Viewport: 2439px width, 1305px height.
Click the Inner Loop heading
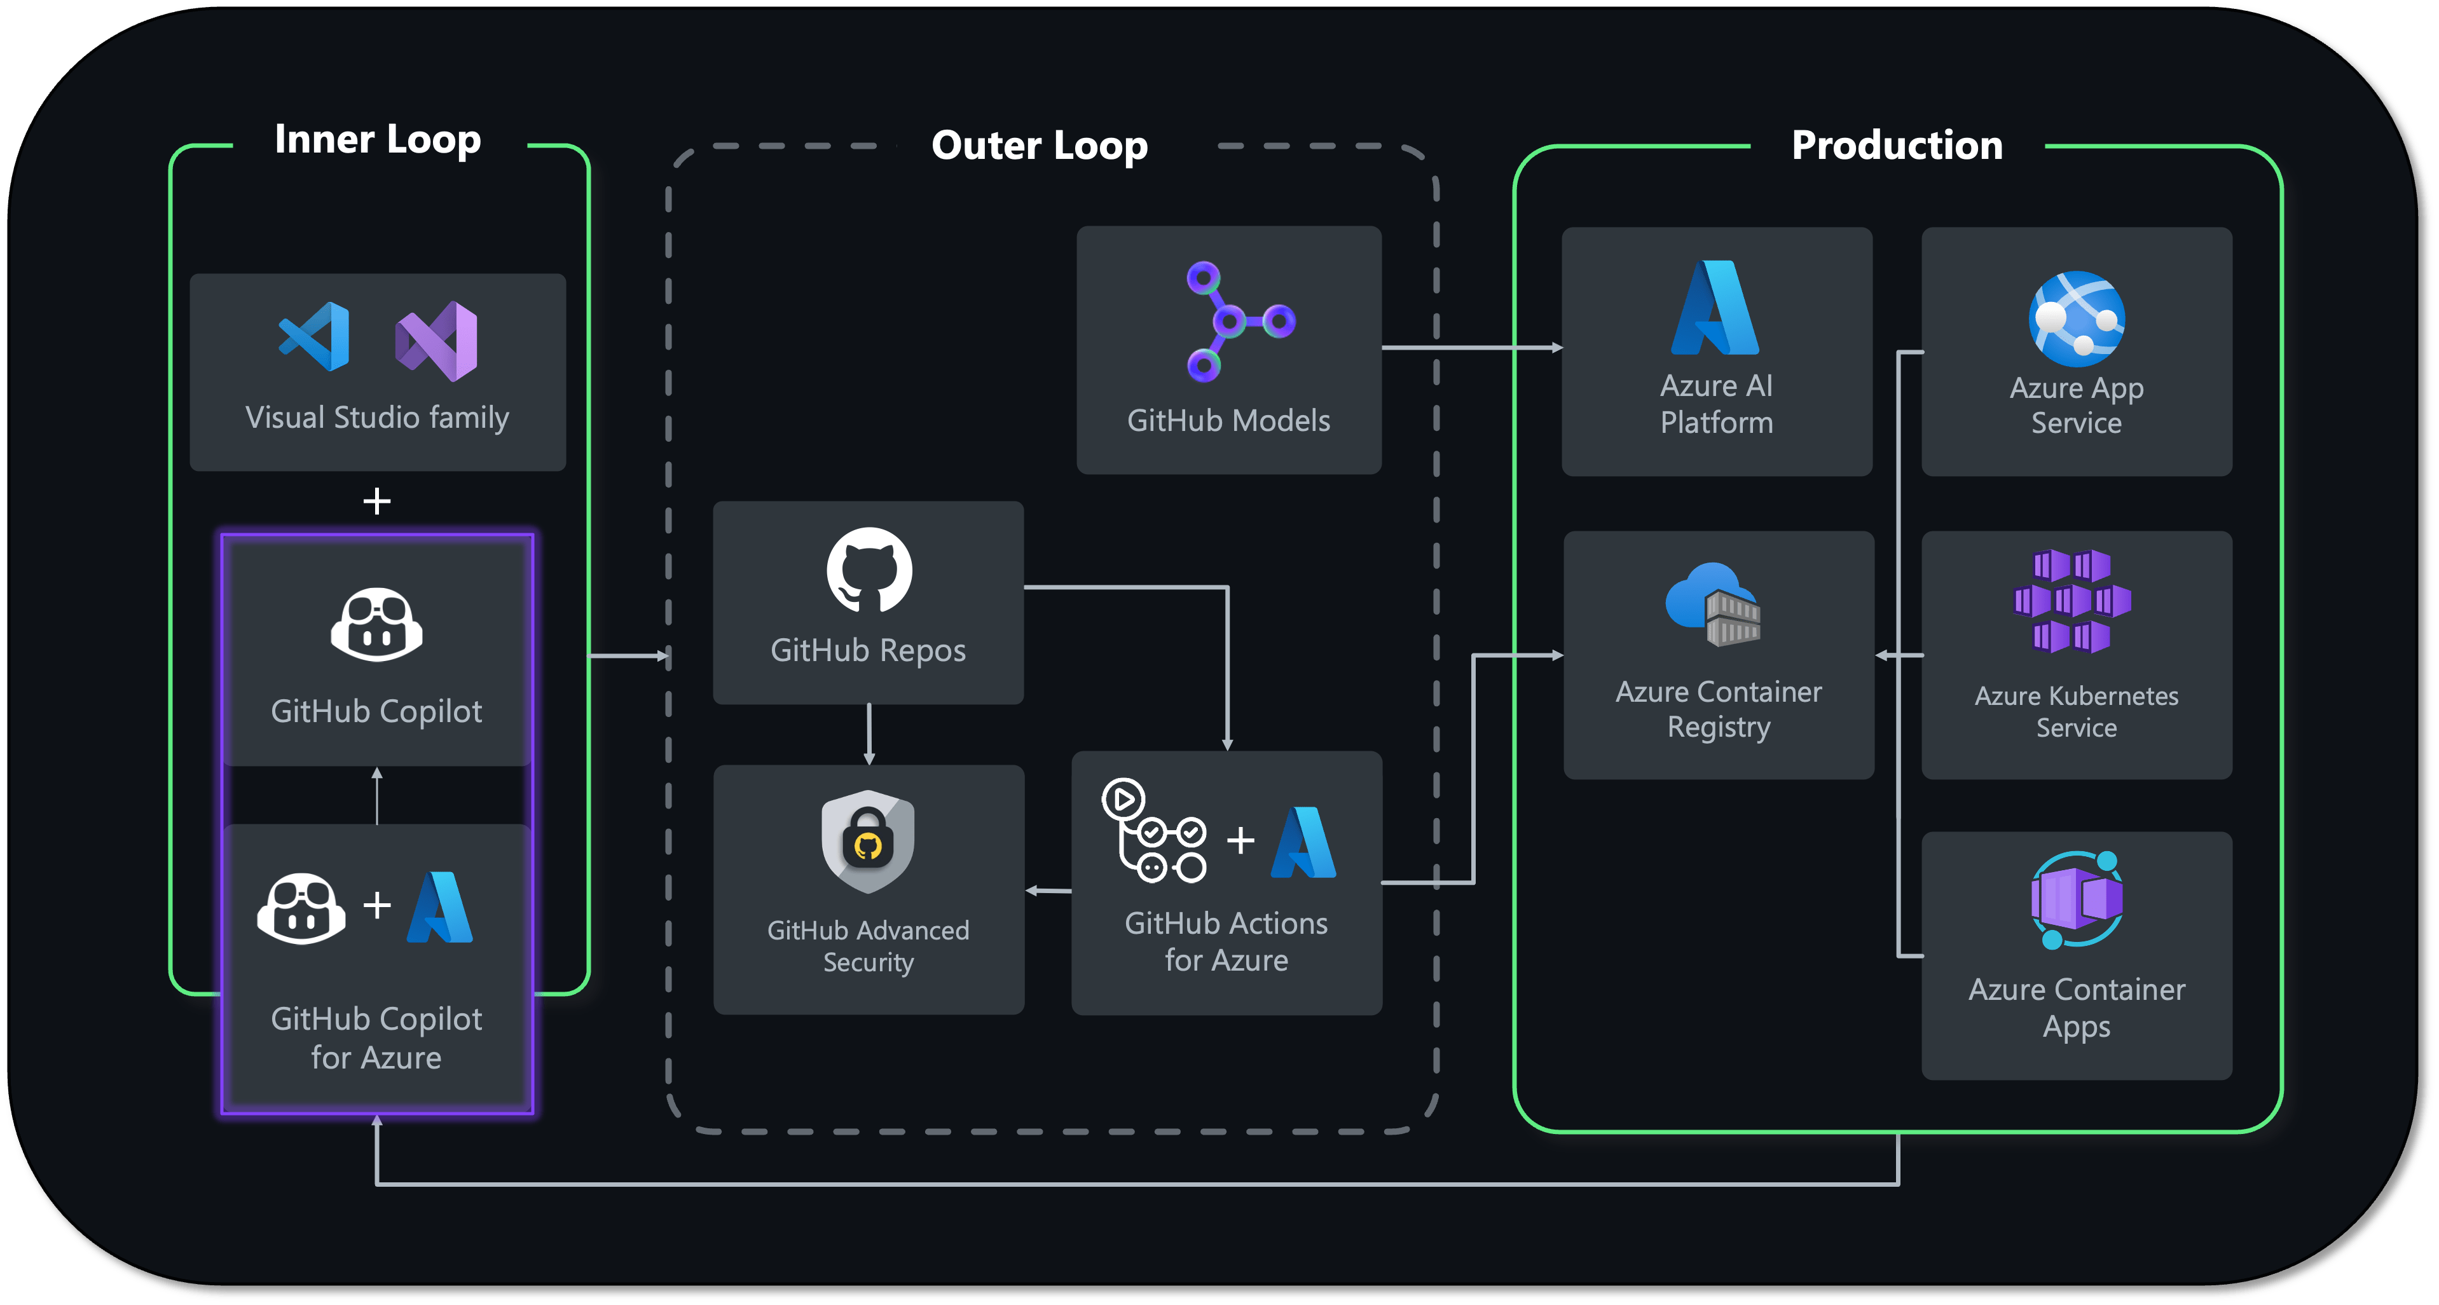point(378,140)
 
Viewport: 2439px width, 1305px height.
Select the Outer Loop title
point(1040,146)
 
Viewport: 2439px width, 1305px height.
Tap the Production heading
point(1897,146)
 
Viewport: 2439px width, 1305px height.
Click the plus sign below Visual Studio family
point(377,501)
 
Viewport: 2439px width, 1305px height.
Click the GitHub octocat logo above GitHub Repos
point(869,570)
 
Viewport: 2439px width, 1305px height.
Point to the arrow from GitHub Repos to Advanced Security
point(869,734)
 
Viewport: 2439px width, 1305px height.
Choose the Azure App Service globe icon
point(2077,319)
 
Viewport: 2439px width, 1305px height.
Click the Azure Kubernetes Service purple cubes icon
point(2071,600)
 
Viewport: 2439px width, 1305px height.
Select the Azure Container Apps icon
point(2077,899)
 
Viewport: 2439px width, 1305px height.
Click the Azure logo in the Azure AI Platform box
point(1715,308)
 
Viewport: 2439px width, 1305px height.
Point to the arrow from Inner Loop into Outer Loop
point(629,655)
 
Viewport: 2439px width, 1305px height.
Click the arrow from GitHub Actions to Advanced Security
point(1048,891)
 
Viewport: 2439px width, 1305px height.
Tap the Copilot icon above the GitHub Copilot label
point(377,624)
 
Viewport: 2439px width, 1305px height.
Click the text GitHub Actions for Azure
point(1226,941)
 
